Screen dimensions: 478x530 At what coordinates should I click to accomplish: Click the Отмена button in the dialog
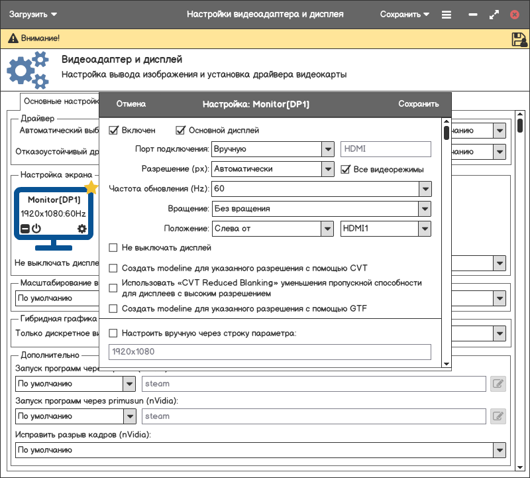coord(131,104)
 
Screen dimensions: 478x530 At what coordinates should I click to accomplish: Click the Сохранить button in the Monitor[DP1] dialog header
coord(418,104)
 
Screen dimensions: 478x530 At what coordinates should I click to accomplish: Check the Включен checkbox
coord(113,131)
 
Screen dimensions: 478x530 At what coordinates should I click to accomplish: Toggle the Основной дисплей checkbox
coord(180,131)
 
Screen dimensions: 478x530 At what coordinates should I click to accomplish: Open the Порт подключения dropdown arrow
coord(327,149)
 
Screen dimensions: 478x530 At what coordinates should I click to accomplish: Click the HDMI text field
coord(386,149)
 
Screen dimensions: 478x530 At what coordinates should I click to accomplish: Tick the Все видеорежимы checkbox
coord(345,169)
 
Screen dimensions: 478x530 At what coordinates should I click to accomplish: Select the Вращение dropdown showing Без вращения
coord(321,209)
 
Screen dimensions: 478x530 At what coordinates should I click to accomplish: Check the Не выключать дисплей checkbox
coord(113,248)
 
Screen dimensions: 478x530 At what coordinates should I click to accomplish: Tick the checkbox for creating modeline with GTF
coord(113,308)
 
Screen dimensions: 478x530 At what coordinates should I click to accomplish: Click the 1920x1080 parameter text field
coord(270,352)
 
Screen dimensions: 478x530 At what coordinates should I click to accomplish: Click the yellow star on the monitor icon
coord(91,188)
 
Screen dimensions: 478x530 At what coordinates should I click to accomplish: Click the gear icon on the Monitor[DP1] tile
coord(82,229)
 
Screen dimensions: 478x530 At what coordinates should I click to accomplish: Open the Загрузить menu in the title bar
coord(33,14)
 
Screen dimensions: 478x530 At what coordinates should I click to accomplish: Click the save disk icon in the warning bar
coord(519,39)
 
